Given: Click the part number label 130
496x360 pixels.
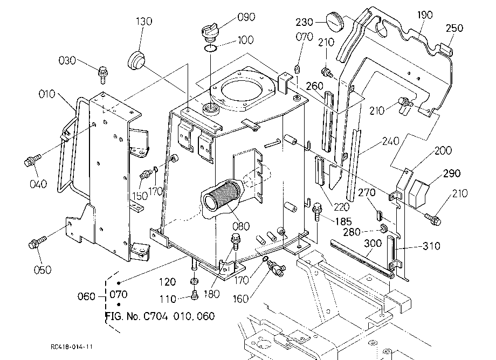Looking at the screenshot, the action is coord(144,22).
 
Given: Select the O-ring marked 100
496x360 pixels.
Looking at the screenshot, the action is coord(210,48).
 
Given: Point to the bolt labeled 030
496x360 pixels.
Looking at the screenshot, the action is coord(103,74).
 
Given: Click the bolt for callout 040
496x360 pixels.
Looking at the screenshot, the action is coord(32,160).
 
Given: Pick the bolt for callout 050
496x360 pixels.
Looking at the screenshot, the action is coord(37,242).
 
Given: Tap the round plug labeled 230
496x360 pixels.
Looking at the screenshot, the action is coord(335,22).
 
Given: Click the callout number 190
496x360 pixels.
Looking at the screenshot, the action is coord(424,15).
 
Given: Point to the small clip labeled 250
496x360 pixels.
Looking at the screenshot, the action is coord(446,49).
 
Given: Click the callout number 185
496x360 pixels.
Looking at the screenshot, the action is coord(343,221).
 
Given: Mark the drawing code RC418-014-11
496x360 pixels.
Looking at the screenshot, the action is coord(72,347).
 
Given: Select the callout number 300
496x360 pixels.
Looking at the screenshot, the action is coord(373,244).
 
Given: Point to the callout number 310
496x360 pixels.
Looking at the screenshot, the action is coord(431,246).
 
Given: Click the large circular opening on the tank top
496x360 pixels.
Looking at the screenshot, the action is coord(242,91).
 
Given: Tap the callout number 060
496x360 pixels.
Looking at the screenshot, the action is coord(86,296).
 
